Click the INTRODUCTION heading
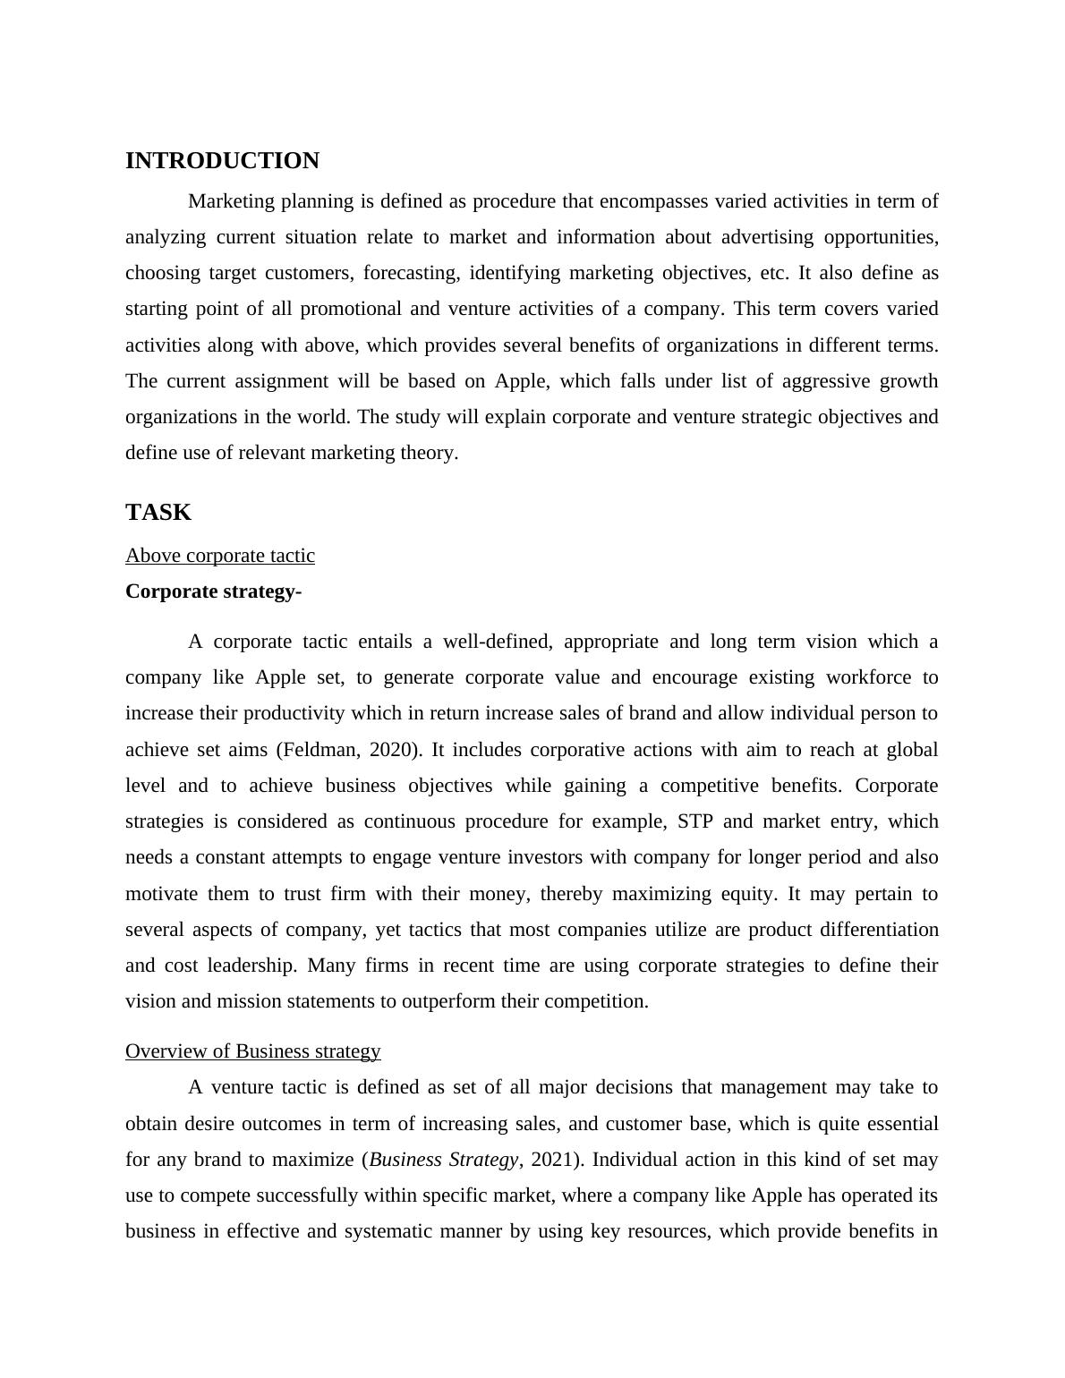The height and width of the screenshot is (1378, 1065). click(222, 161)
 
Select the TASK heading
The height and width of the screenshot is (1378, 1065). click(158, 513)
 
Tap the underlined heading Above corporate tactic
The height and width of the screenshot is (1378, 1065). click(220, 556)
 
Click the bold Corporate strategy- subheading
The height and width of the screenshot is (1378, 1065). click(213, 591)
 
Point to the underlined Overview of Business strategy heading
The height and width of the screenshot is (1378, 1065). click(253, 1051)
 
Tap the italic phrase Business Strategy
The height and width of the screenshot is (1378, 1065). click(443, 1160)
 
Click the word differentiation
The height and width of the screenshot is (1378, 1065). click(874, 930)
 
